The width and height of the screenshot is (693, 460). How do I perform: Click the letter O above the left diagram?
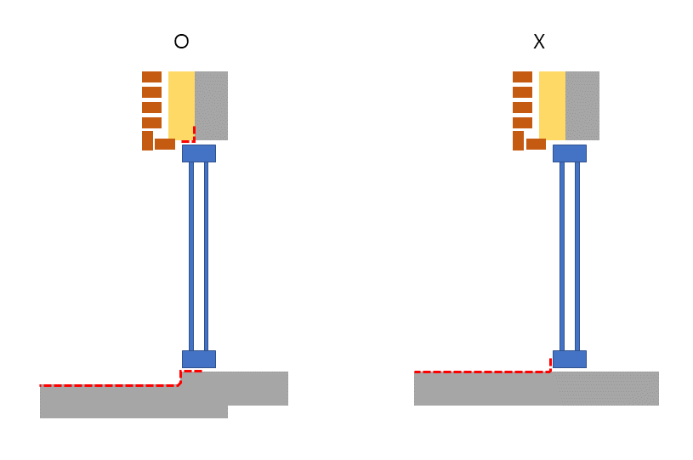(x=180, y=41)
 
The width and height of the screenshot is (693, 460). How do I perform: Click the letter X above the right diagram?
(x=537, y=41)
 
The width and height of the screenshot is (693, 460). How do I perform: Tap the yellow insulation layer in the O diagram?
(x=181, y=104)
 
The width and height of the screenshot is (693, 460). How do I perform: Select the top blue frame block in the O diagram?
(x=198, y=153)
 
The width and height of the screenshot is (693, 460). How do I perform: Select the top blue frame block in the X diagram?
(x=569, y=153)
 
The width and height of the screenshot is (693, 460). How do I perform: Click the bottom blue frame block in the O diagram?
(x=198, y=359)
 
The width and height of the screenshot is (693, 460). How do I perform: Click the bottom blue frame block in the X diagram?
(x=569, y=359)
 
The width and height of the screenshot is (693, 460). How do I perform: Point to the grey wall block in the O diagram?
(x=212, y=104)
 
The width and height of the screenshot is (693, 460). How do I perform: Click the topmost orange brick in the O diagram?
(x=151, y=77)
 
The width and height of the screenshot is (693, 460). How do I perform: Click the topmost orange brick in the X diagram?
(x=522, y=77)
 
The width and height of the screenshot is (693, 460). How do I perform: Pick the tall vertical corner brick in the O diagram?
(x=147, y=140)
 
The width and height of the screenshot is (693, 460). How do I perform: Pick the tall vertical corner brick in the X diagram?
(x=518, y=140)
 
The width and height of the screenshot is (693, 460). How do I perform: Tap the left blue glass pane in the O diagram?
(x=191, y=255)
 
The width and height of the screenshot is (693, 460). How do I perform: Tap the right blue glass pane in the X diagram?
(x=577, y=255)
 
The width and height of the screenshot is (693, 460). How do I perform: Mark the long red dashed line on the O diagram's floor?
(x=111, y=385)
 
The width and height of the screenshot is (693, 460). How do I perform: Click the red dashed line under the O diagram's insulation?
(x=183, y=139)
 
